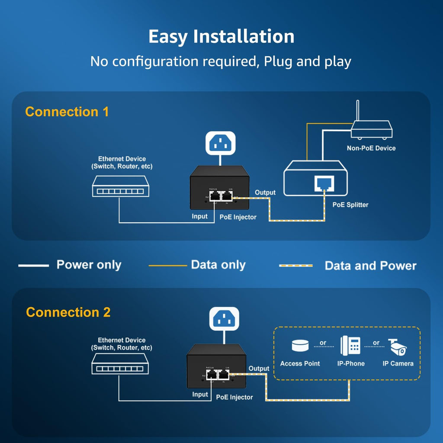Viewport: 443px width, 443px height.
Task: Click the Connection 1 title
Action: [x=67, y=112]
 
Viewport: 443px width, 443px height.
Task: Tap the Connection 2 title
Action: [x=68, y=312]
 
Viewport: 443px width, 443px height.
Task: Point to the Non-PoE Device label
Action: [x=371, y=148]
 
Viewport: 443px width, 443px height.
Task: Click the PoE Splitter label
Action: [x=351, y=205]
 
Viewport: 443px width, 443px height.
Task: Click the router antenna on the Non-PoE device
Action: [x=357, y=111]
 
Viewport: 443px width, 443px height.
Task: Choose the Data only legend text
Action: [x=218, y=265]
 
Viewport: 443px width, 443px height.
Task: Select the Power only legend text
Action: [x=89, y=265]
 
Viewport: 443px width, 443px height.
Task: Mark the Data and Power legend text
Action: [x=370, y=266]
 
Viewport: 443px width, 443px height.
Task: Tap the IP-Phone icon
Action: [x=350, y=346]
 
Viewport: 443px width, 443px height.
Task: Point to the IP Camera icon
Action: [x=398, y=347]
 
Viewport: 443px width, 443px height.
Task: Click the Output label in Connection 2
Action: [x=259, y=369]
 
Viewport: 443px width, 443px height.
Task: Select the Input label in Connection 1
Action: [x=200, y=216]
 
